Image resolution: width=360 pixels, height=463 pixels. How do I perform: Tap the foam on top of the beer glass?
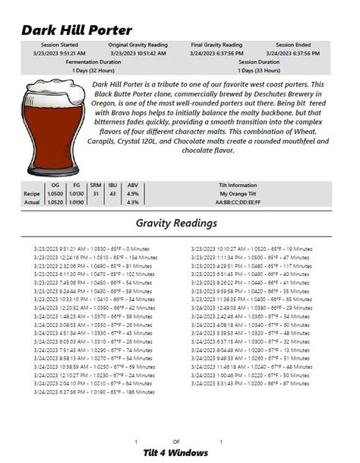click(50, 86)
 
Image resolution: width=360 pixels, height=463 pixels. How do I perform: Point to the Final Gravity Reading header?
click(216, 45)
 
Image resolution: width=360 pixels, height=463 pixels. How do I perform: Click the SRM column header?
click(96, 185)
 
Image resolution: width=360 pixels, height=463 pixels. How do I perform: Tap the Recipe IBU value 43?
click(112, 193)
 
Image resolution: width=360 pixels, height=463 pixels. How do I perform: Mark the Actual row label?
click(31, 202)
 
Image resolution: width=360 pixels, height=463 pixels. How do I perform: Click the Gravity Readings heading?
click(176, 224)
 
